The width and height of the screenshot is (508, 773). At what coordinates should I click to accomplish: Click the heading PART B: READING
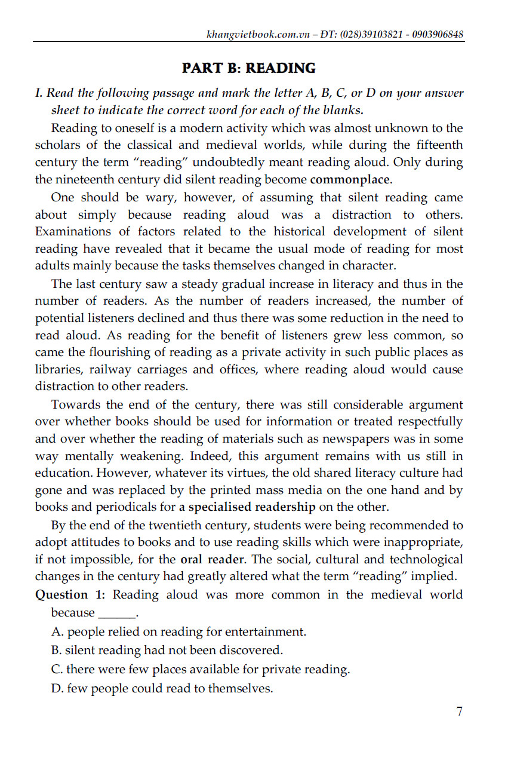pos(248,68)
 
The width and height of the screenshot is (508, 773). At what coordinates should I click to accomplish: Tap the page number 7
pos(459,711)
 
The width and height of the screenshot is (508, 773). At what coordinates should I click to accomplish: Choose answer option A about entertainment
pos(178,631)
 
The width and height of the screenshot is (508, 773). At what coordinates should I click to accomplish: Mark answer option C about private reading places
pos(201,670)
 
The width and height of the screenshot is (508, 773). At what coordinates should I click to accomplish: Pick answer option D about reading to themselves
pos(162,689)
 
